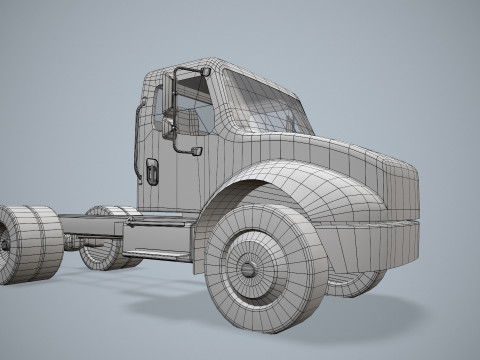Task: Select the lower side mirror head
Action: pyautogui.click(x=196, y=151)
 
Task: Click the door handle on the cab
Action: pyautogui.click(x=152, y=171)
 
